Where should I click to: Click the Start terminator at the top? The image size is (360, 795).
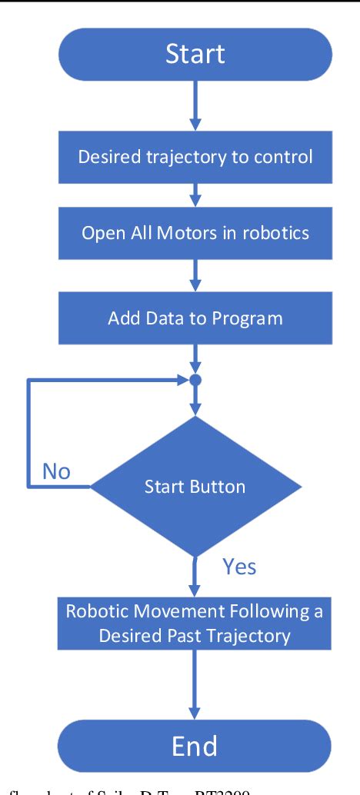coord(195,54)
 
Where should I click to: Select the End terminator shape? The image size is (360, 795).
coord(195,746)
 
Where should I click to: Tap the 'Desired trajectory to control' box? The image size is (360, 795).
coord(195,157)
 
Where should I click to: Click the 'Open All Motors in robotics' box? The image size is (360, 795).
coord(195,232)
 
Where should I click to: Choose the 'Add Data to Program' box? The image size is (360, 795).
coord(195,316)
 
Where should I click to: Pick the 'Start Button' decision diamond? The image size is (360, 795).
coord(195,486)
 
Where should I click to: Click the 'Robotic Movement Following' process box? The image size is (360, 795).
coord(195,624)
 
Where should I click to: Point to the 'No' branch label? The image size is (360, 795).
coord(56,471)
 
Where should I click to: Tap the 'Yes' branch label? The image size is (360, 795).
coord(239,567)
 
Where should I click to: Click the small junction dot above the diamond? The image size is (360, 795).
coord(195,380)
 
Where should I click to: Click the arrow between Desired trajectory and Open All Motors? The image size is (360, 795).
coord(195,194)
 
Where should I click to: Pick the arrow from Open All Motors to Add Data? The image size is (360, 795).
coord(195,273)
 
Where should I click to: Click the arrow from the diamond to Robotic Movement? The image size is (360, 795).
coord(195,573)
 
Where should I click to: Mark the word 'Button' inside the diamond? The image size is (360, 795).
coord(219,486)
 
